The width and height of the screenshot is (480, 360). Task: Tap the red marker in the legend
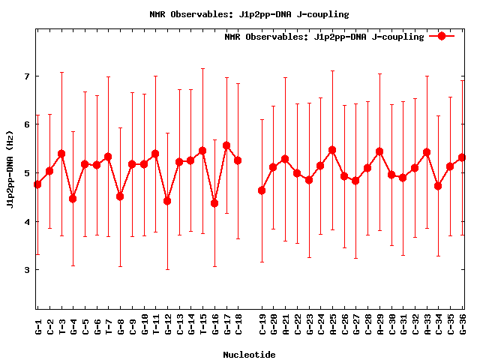[442, 36]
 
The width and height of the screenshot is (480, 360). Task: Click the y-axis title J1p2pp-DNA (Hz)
[10, 172]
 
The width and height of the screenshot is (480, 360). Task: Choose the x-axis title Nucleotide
[249, 354]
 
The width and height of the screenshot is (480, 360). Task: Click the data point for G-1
[37, 184]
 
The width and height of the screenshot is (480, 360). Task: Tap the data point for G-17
[226, 145]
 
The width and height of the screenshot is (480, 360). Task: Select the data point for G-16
[214, 203]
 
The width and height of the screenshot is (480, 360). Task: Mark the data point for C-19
[262, 190]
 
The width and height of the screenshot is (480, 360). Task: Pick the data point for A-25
[332, 150]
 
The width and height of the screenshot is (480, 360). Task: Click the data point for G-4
[73, 199]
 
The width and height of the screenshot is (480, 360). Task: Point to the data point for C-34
[438, 186]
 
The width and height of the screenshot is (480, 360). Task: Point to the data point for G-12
[167, 201]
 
